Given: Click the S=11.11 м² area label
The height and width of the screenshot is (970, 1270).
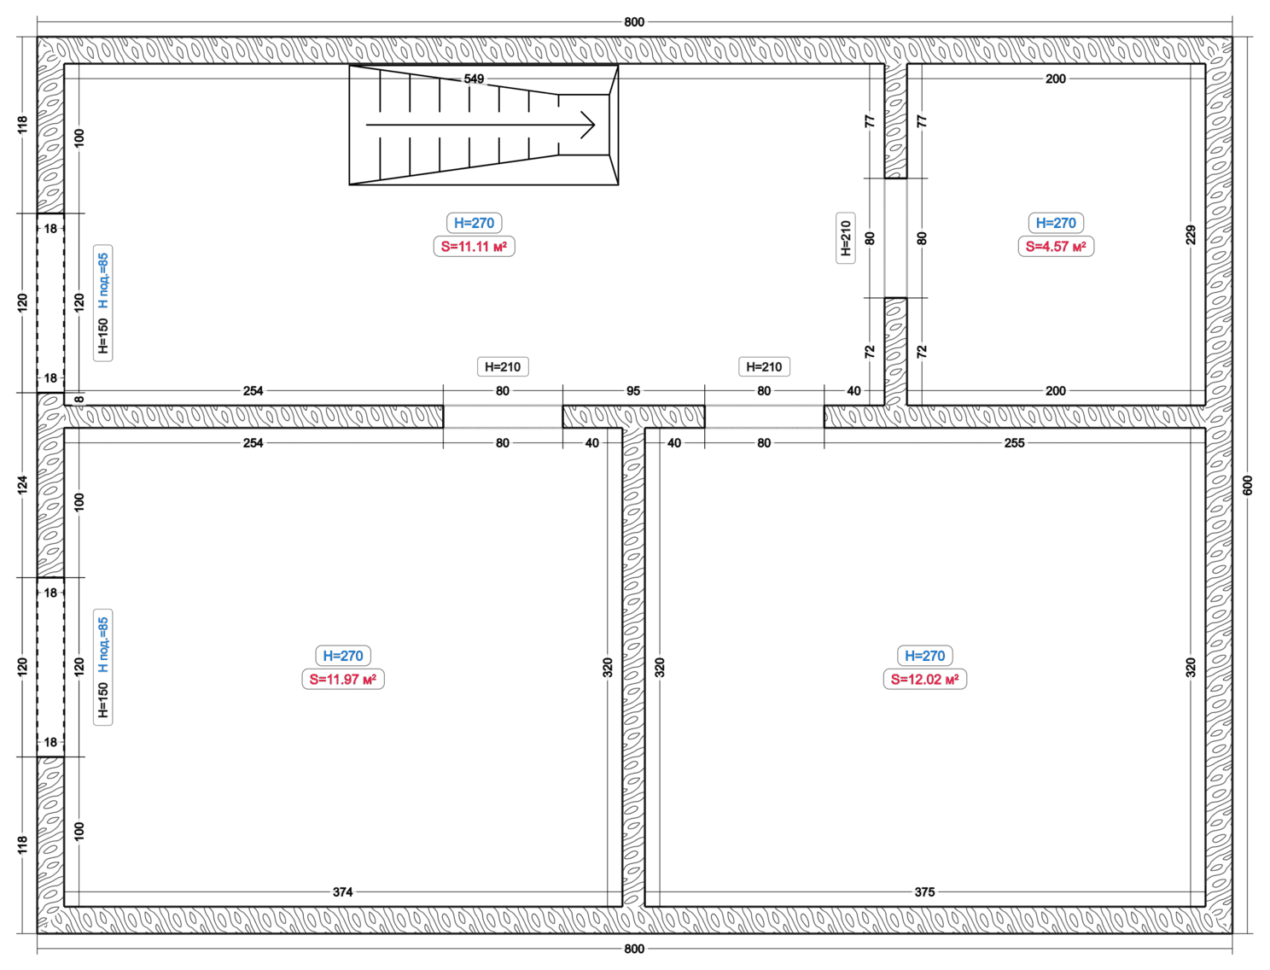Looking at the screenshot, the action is pyautogui.click(x=474, y=247).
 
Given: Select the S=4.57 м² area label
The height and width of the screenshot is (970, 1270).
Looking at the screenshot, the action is pyautogui.click(x=1055, y=247).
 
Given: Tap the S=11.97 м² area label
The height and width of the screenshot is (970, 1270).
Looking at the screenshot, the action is pyautogui.click(x=343, y=679).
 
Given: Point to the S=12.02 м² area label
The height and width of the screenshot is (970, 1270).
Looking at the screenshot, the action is pyautogui.click(x=924, y=679).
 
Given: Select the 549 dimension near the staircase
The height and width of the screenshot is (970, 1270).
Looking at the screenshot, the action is pyautogui.click(x=474, y=79).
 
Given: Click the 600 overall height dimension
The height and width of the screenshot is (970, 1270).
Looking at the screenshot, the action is pyautogui.click(x=1248, y=485).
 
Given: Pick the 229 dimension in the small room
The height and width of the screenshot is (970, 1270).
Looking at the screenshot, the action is pyautogui.click(x=1191, y=235).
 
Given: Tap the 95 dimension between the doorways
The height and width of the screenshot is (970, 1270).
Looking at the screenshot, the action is pyautogui.click(x=633, y=391).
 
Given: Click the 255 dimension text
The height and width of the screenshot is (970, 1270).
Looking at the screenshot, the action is pyautogui.click(x=1014, y=443).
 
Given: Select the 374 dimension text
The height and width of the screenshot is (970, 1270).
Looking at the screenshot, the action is pyautogui.click(x=342, y=891).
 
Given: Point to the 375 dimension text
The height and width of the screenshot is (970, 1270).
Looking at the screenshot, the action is pyautogui.click(x=924, y=891).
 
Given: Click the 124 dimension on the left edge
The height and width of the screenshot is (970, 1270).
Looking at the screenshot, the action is pyautogui.click(x=22, y=484).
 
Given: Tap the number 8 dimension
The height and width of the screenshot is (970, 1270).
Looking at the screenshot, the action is pyautogui.click(x=80, y=399).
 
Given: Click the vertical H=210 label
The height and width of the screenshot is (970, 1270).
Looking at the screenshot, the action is pyautogui.click(x=846, y=238).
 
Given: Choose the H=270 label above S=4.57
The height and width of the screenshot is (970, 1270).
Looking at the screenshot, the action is pyautogui.click(x=1055, y=223).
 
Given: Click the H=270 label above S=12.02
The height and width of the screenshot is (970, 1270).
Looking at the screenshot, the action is pyautogui.click(x=924, y=656).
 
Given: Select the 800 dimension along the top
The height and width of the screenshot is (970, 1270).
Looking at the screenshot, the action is pyautogui.click(x=634, y=22).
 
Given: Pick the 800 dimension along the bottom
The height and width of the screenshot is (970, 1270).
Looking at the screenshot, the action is pyautogui.click(x=634, y=949).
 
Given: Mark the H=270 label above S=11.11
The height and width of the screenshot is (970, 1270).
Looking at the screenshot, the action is pyautogui.click(x=474, y=223).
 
